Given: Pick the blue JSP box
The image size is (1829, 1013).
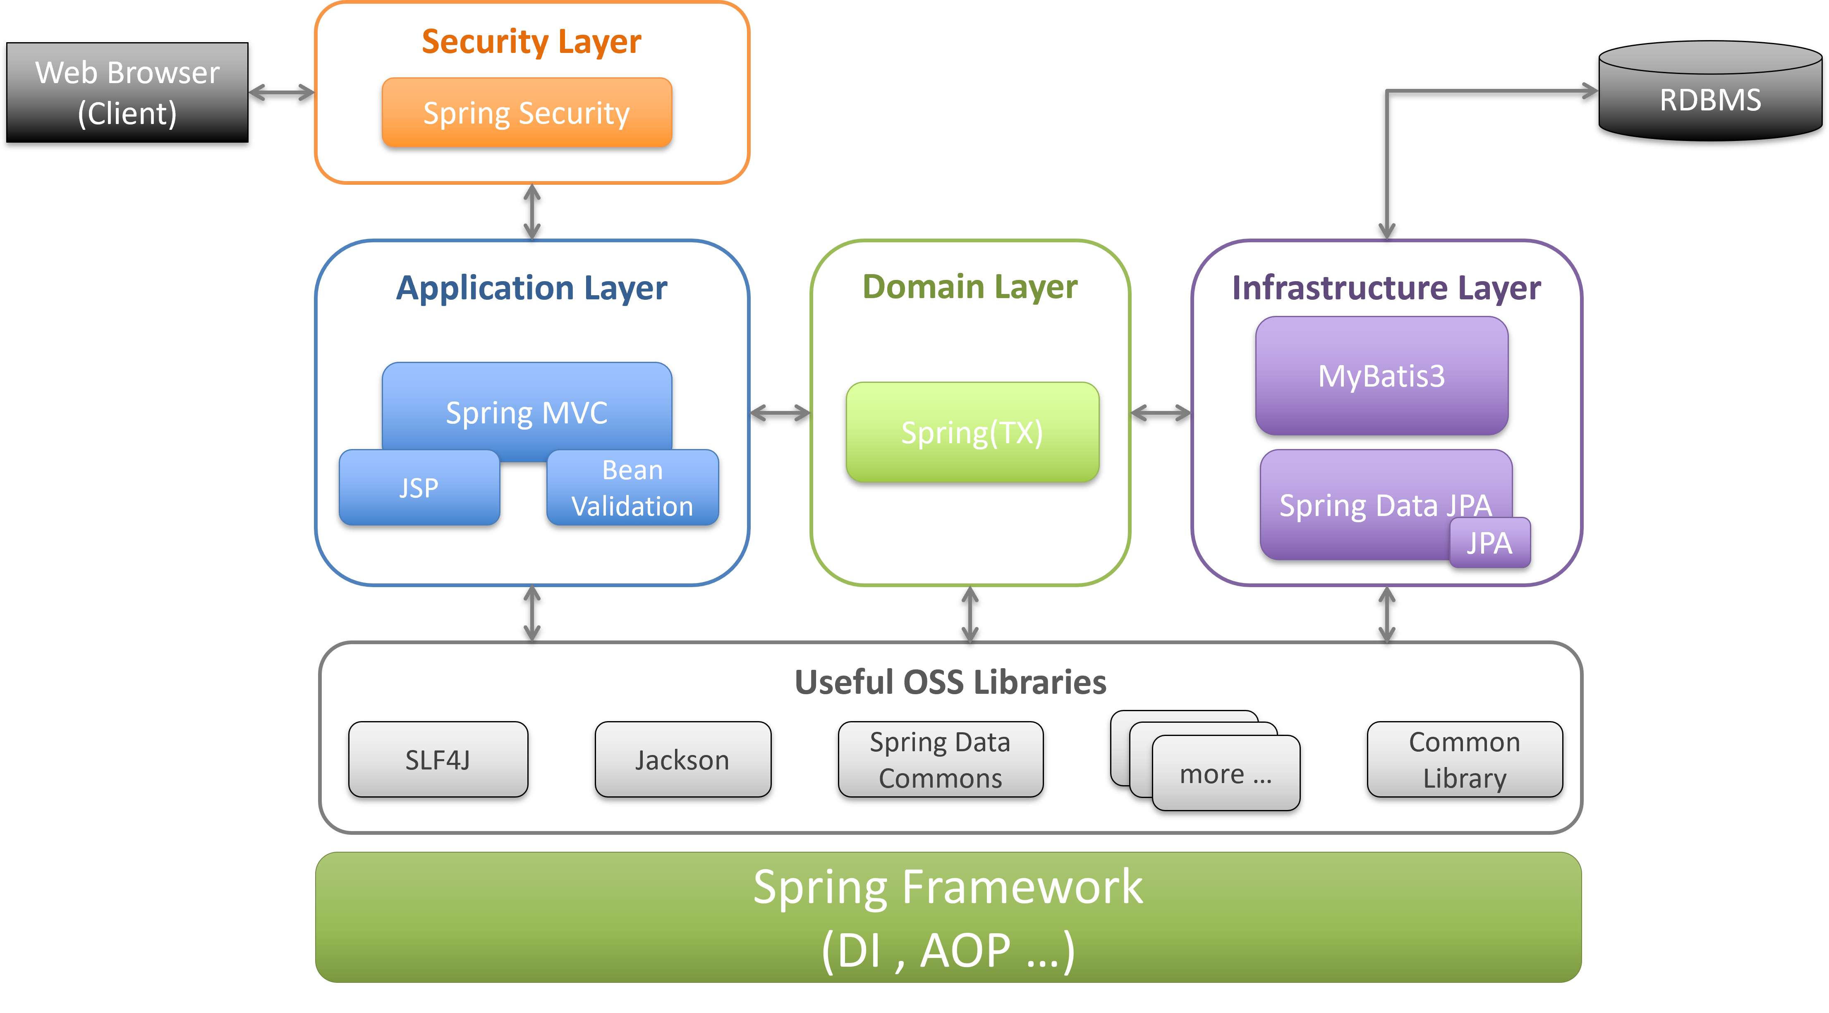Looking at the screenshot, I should [x=419, y=488].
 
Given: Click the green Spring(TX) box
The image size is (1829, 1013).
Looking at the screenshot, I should [x=972, y=432].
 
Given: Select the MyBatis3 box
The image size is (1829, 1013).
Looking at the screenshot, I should [x=1382, y=375].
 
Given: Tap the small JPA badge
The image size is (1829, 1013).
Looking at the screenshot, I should [x=1489, y=543].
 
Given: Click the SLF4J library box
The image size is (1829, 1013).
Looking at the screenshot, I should [x=438, y=760].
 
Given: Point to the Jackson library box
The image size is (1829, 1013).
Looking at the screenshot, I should [x=682, y=760].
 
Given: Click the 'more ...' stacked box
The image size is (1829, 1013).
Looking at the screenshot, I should [x=1226, y=774].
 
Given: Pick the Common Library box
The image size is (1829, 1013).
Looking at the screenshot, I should [x=1464, y=760].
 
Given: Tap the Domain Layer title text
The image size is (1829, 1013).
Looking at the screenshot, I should [x=970, y=287].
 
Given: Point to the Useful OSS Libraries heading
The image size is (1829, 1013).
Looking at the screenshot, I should [x=950, y=682].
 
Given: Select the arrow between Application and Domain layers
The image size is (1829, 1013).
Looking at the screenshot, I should [x=780, y=413].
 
